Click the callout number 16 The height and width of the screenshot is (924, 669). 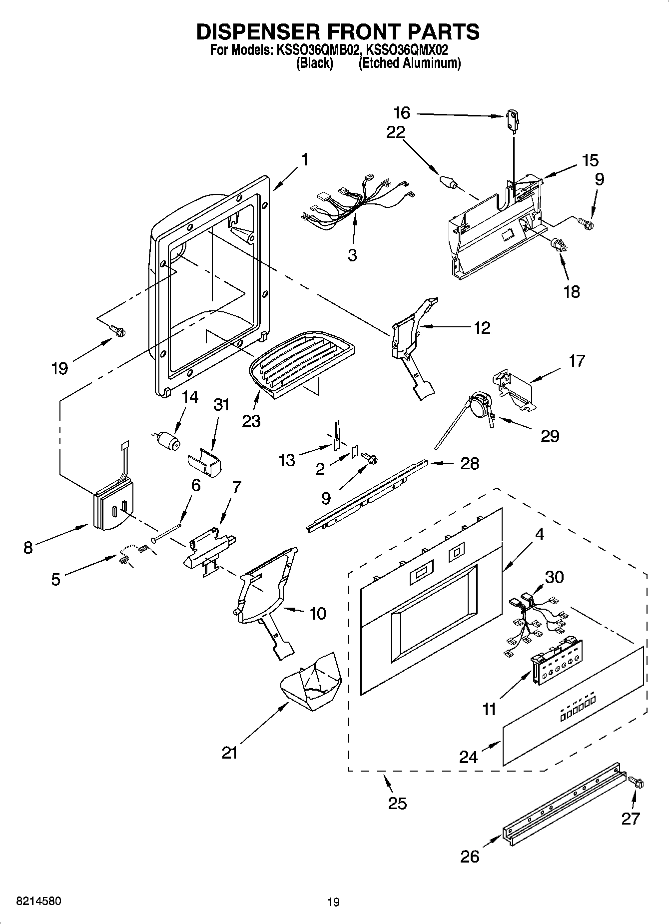402,113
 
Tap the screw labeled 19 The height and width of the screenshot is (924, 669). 118,330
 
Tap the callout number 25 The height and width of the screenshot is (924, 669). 397,804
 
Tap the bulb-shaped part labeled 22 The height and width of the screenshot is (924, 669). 448,182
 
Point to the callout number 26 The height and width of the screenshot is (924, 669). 470,856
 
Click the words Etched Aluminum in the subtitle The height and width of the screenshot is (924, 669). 410,63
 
